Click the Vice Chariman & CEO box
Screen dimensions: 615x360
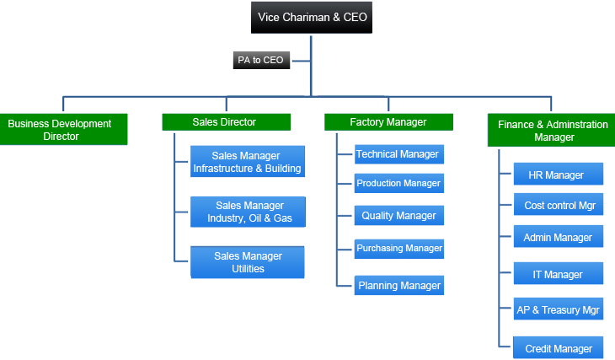[312, 17]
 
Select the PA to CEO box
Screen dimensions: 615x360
[261, 60]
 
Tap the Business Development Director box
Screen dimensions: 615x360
[63, 130]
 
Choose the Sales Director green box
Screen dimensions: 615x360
[227, 122]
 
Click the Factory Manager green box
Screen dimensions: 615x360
[388, 122]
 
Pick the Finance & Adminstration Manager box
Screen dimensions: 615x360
[552, 131]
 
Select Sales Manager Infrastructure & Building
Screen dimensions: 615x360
[248, 161]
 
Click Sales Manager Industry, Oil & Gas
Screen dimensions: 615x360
[248, 212]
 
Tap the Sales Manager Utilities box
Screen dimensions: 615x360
[248, 262]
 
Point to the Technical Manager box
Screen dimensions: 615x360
[399, 154]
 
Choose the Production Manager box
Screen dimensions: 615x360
[399, 183]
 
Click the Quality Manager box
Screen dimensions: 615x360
[399, 216]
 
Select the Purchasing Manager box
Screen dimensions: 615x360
[399, 249]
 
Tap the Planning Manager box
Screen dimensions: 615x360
[399, 286]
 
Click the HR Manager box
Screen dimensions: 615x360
[559, 174]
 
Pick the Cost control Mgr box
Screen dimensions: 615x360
[559, 205]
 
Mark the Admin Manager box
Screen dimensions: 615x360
[559, 236]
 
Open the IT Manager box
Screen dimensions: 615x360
[559, 273]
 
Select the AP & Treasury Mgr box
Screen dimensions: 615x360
[559, 309]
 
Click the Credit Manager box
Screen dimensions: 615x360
[558, 347]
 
